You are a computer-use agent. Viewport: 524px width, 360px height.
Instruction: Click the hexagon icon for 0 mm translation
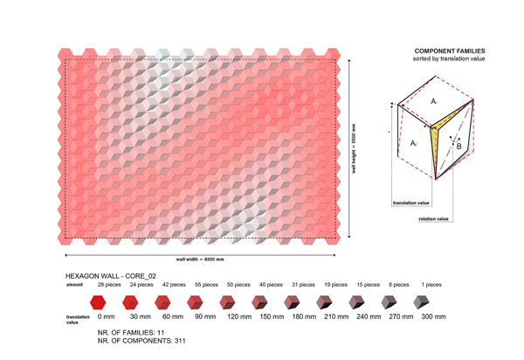pyautogui.click(x=107, y=302)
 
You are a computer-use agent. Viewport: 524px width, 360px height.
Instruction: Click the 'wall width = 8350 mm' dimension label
pyautogui.click(x=200, y=260)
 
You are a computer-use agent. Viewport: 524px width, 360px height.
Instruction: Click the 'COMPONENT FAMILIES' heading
pyautogui.click(x=449, y=52)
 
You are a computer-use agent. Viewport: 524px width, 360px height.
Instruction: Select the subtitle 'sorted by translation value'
pyautogui.click(x=449, y=59)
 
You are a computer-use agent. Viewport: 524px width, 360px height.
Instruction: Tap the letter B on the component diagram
pyautogui.click(x=459, y=148)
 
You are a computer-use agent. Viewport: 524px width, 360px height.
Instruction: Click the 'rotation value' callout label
pyautogui.click(x=434, y=218)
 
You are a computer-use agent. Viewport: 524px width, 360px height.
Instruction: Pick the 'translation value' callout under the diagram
pyautogui.click(x=410, y=202)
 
